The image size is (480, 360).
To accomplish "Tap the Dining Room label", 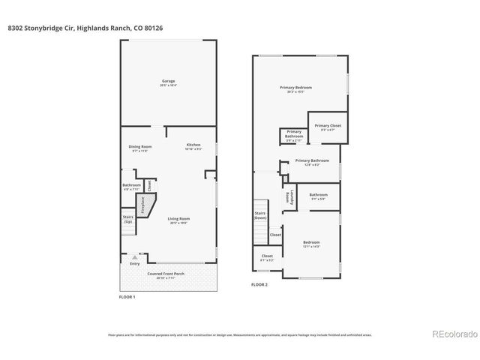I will click(139, 146).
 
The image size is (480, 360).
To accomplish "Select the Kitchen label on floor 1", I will click(193, 145).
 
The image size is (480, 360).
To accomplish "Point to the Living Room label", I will click(178, 218).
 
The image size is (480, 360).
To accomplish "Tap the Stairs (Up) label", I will click(128, 220).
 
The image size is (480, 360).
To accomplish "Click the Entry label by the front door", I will click(135, 263).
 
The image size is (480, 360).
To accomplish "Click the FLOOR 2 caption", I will click(260, 285).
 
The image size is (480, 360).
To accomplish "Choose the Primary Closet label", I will click(327, 125).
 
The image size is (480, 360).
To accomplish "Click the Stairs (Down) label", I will click(260, 214).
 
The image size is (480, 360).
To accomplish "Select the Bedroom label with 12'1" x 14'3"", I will click(311, 242).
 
